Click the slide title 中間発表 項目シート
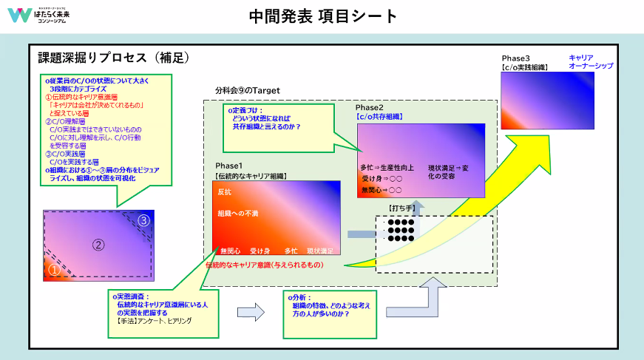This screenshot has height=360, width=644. (x=323, y=16)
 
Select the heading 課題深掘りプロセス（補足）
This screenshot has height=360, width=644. (x=115, y=57)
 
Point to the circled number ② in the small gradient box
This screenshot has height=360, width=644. (x=98, y=245)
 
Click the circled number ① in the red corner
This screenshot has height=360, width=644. (x=53, y=271)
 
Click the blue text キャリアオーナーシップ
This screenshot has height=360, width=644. (x=591, y=62)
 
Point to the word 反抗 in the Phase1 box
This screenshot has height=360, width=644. (x=225, y=191)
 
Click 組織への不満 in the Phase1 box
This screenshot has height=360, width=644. (x=237, y=214)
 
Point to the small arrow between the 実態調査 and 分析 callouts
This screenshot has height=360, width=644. (x=254, y=311)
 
